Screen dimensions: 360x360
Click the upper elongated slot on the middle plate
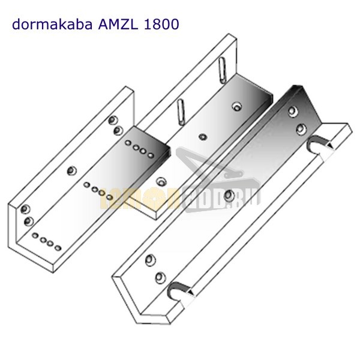[x=223, y=67]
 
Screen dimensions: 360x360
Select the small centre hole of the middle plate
[x=206, y=136]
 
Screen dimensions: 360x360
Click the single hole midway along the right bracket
[x=230, y=195]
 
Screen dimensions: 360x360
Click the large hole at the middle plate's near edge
[x=160, y=181]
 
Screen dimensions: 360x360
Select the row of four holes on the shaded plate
[x=138, y=148]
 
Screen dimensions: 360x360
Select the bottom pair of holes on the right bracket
[x=155, y=268]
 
